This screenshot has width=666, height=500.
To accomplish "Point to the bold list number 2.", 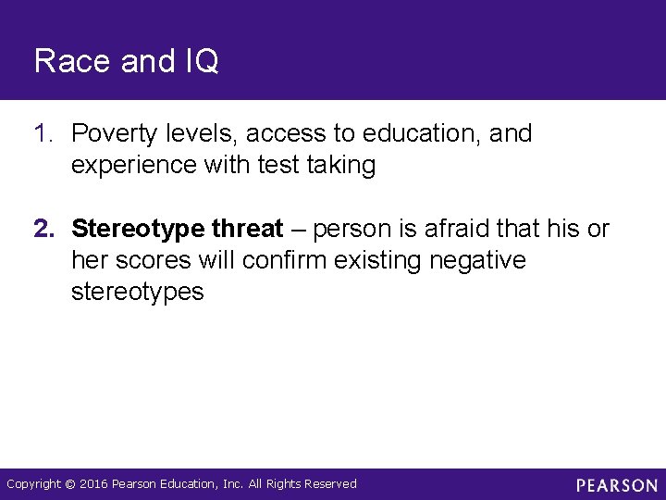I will [x=43, y=229].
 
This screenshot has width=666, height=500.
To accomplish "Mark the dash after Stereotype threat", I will [x=298, y=229].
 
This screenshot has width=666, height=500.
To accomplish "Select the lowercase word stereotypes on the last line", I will [x=136, y=292].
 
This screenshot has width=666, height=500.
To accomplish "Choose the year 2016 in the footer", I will [x=94, y=483].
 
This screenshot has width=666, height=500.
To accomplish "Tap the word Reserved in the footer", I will [x=328, y=483].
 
